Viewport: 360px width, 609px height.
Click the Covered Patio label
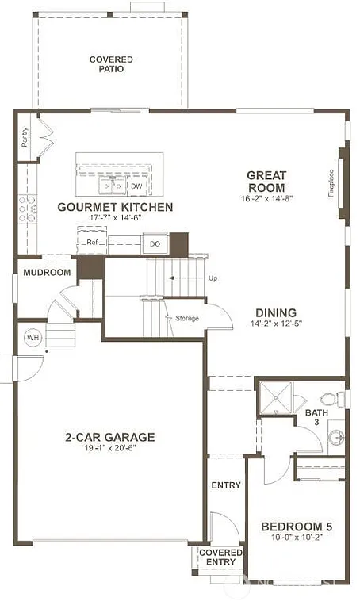(x=111, y=64)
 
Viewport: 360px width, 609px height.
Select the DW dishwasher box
(x=136, y=186)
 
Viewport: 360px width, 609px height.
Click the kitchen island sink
(x=111, y=186)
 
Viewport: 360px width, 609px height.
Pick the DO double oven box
(x=155, y=244)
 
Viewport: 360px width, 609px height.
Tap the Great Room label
(x=266, y=182)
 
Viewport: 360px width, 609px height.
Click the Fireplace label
(x=332, y=184)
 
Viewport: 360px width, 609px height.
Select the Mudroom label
(x=47, y=273)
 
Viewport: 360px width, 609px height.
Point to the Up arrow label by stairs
(x=213, y=279)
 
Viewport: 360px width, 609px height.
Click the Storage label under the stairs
(x=187, y=319)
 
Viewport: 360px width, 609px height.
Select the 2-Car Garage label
(x=109, y=437)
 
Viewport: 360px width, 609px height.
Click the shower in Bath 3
(x=276, y=399)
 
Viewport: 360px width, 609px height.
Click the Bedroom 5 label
(x=297, y=527)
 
